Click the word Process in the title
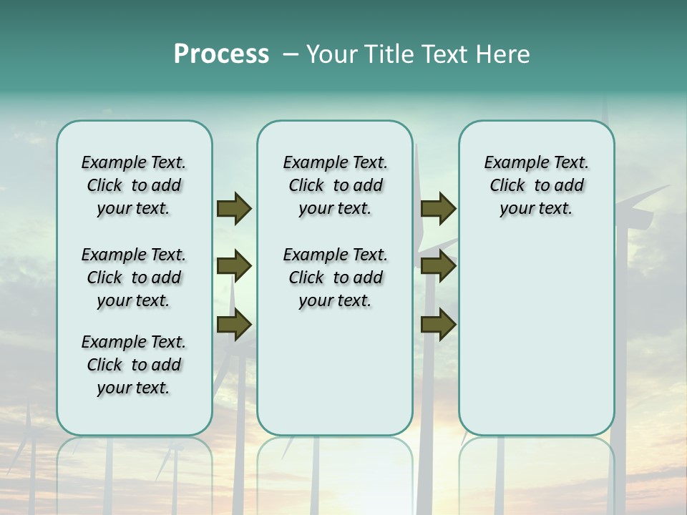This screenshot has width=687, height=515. click(x=221, y=54)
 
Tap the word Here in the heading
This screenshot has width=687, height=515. click(x=504, y=54)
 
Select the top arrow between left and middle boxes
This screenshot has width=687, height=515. click(x=234, y=209)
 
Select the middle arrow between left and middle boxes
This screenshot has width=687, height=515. click(x=234, y=266)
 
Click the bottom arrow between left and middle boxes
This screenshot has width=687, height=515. click(x=234, y=324)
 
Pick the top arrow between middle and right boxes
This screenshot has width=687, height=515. click(x=438, y=209)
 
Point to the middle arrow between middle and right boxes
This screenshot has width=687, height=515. click(x=438, y=266)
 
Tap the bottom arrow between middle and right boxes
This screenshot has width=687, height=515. click(x=438, y=324)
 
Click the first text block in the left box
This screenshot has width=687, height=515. click(x=134, y=185)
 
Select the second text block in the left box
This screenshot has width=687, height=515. click(x=134, y=278)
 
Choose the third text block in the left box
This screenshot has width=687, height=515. click(x=134, y=365)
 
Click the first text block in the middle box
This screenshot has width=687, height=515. click(x=336, y=185)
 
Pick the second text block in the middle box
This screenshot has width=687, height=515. click(x=336, y=278)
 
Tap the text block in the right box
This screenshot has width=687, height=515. click(x=536, y=185)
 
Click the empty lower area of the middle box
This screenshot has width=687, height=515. click(x=335, y=372)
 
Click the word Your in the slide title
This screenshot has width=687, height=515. click(x=333, y=54)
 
